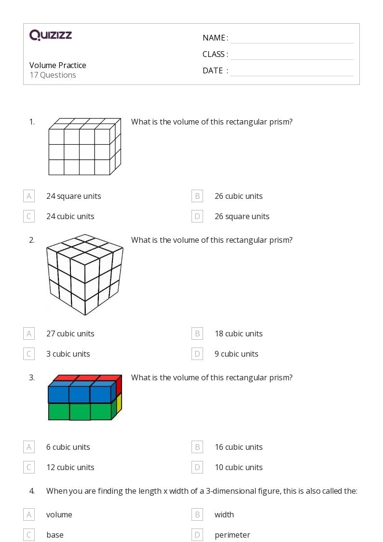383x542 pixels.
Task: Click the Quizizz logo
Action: [x=51, y=35]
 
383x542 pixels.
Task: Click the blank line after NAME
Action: [x=291, y=39]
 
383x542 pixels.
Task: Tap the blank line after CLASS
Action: [x=291, y=55]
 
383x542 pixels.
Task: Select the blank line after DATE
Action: [x=291, y=71]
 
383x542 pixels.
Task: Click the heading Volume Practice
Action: [x=58, y=65]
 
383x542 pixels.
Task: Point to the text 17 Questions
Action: [x=53, y=75]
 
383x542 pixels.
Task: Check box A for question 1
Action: [x=29, y=196]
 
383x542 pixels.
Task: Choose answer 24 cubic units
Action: [x=70, y=216]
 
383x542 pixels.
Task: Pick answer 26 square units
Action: [x=242, y=216]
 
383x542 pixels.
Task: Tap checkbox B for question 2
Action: [x=197, y=334]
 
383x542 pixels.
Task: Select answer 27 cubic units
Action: [x=70, y=334]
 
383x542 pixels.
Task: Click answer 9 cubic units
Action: [x=236, y=354]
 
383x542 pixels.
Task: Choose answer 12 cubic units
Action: [x=70, y=467]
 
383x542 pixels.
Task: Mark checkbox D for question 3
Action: [x=197, y=467]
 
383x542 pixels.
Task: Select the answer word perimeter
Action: [x=233, y=535]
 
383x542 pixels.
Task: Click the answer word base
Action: [x=55, y=535]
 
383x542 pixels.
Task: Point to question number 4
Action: [x=32, y=491]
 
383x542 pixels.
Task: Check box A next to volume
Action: [x=29, y=514]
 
